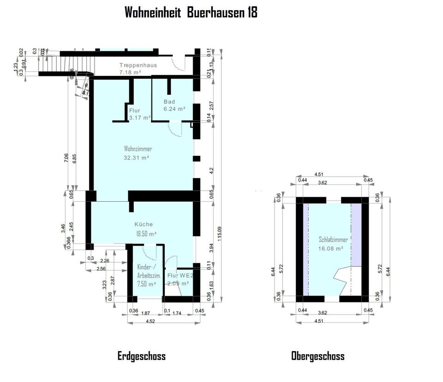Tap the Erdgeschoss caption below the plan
pos(141,356)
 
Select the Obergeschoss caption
pos(317,356)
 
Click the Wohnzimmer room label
pos(138,149)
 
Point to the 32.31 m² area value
pos(136,158)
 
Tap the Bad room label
pos(169,102)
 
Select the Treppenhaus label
pos(138,65)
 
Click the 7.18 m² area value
pos(130,73)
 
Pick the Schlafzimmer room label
pos(333,240)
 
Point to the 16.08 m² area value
pos(331,248)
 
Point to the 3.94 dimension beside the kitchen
pos(211,248)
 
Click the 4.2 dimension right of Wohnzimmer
pos(211,170)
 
